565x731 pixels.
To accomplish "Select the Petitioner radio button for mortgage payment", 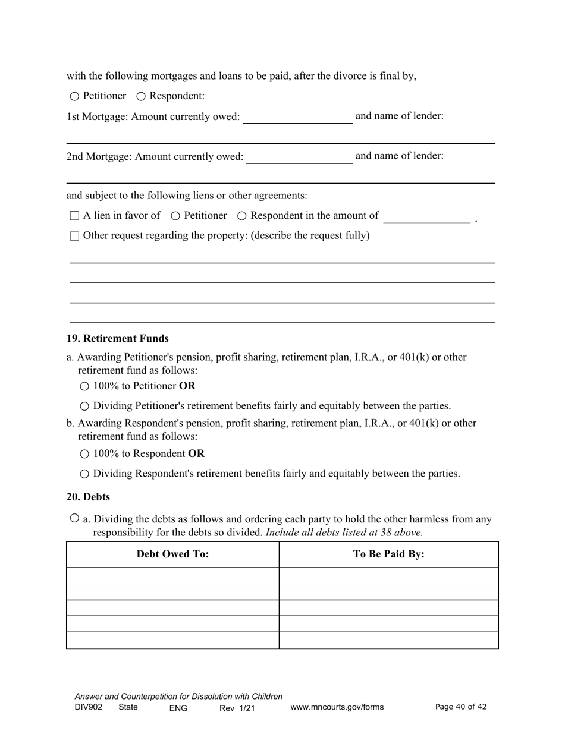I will tap(74, 96).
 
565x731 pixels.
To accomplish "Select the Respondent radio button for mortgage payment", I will tap(141, 96).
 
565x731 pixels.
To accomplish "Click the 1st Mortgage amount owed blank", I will tap(297, 117).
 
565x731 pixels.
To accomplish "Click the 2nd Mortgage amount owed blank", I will tap(299, 157).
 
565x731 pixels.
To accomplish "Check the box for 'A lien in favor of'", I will tap(74, 216).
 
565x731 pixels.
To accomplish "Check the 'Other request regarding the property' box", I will tap(74, 236).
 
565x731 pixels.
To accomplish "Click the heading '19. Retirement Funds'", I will tap(118, 339).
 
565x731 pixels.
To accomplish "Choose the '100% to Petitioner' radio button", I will tap(84, 386).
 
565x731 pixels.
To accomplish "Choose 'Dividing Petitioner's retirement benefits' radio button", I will tap(84, 407).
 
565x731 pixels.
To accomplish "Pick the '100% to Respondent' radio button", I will tap(84, 454).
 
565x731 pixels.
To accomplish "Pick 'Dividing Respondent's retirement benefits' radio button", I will tap(84, 474).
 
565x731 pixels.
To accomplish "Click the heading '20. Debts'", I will tap(88, 497).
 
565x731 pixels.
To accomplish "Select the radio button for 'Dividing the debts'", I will tap(74, 518).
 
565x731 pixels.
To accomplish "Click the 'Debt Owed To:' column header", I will tap(172, 554).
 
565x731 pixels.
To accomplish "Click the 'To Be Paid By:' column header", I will tap(388, 554).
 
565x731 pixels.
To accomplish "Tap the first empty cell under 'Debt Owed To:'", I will tap(172, 576).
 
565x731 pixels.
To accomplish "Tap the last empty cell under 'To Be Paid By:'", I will tap(388, 640).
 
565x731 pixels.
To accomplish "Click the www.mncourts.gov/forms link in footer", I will tap(337, 707).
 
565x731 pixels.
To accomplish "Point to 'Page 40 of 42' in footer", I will tap(461, 707).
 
